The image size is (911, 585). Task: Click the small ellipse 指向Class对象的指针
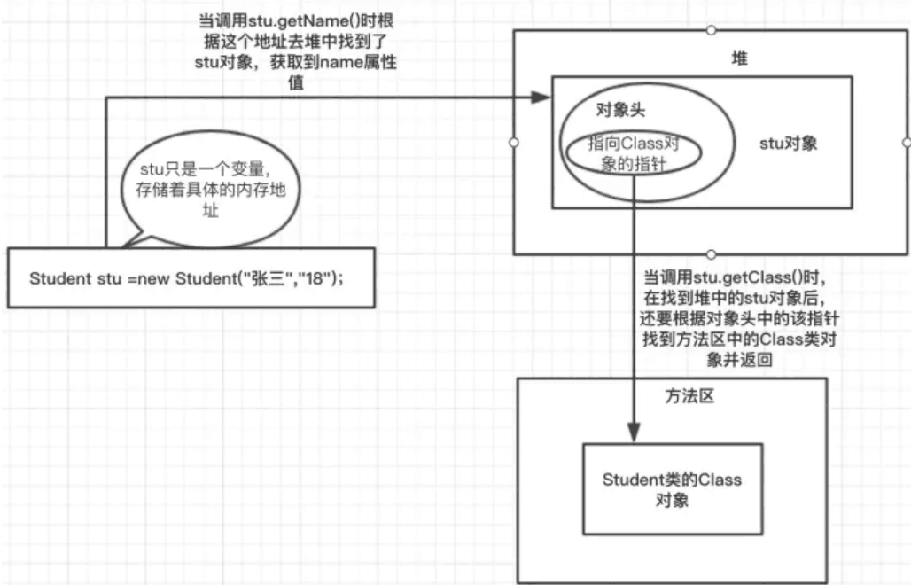[x=633, y=153]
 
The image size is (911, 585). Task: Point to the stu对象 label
[x=787, y=144]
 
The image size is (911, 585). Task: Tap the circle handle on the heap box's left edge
[x=513, y=142]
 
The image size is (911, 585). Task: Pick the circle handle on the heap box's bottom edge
[x=711, y=254]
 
